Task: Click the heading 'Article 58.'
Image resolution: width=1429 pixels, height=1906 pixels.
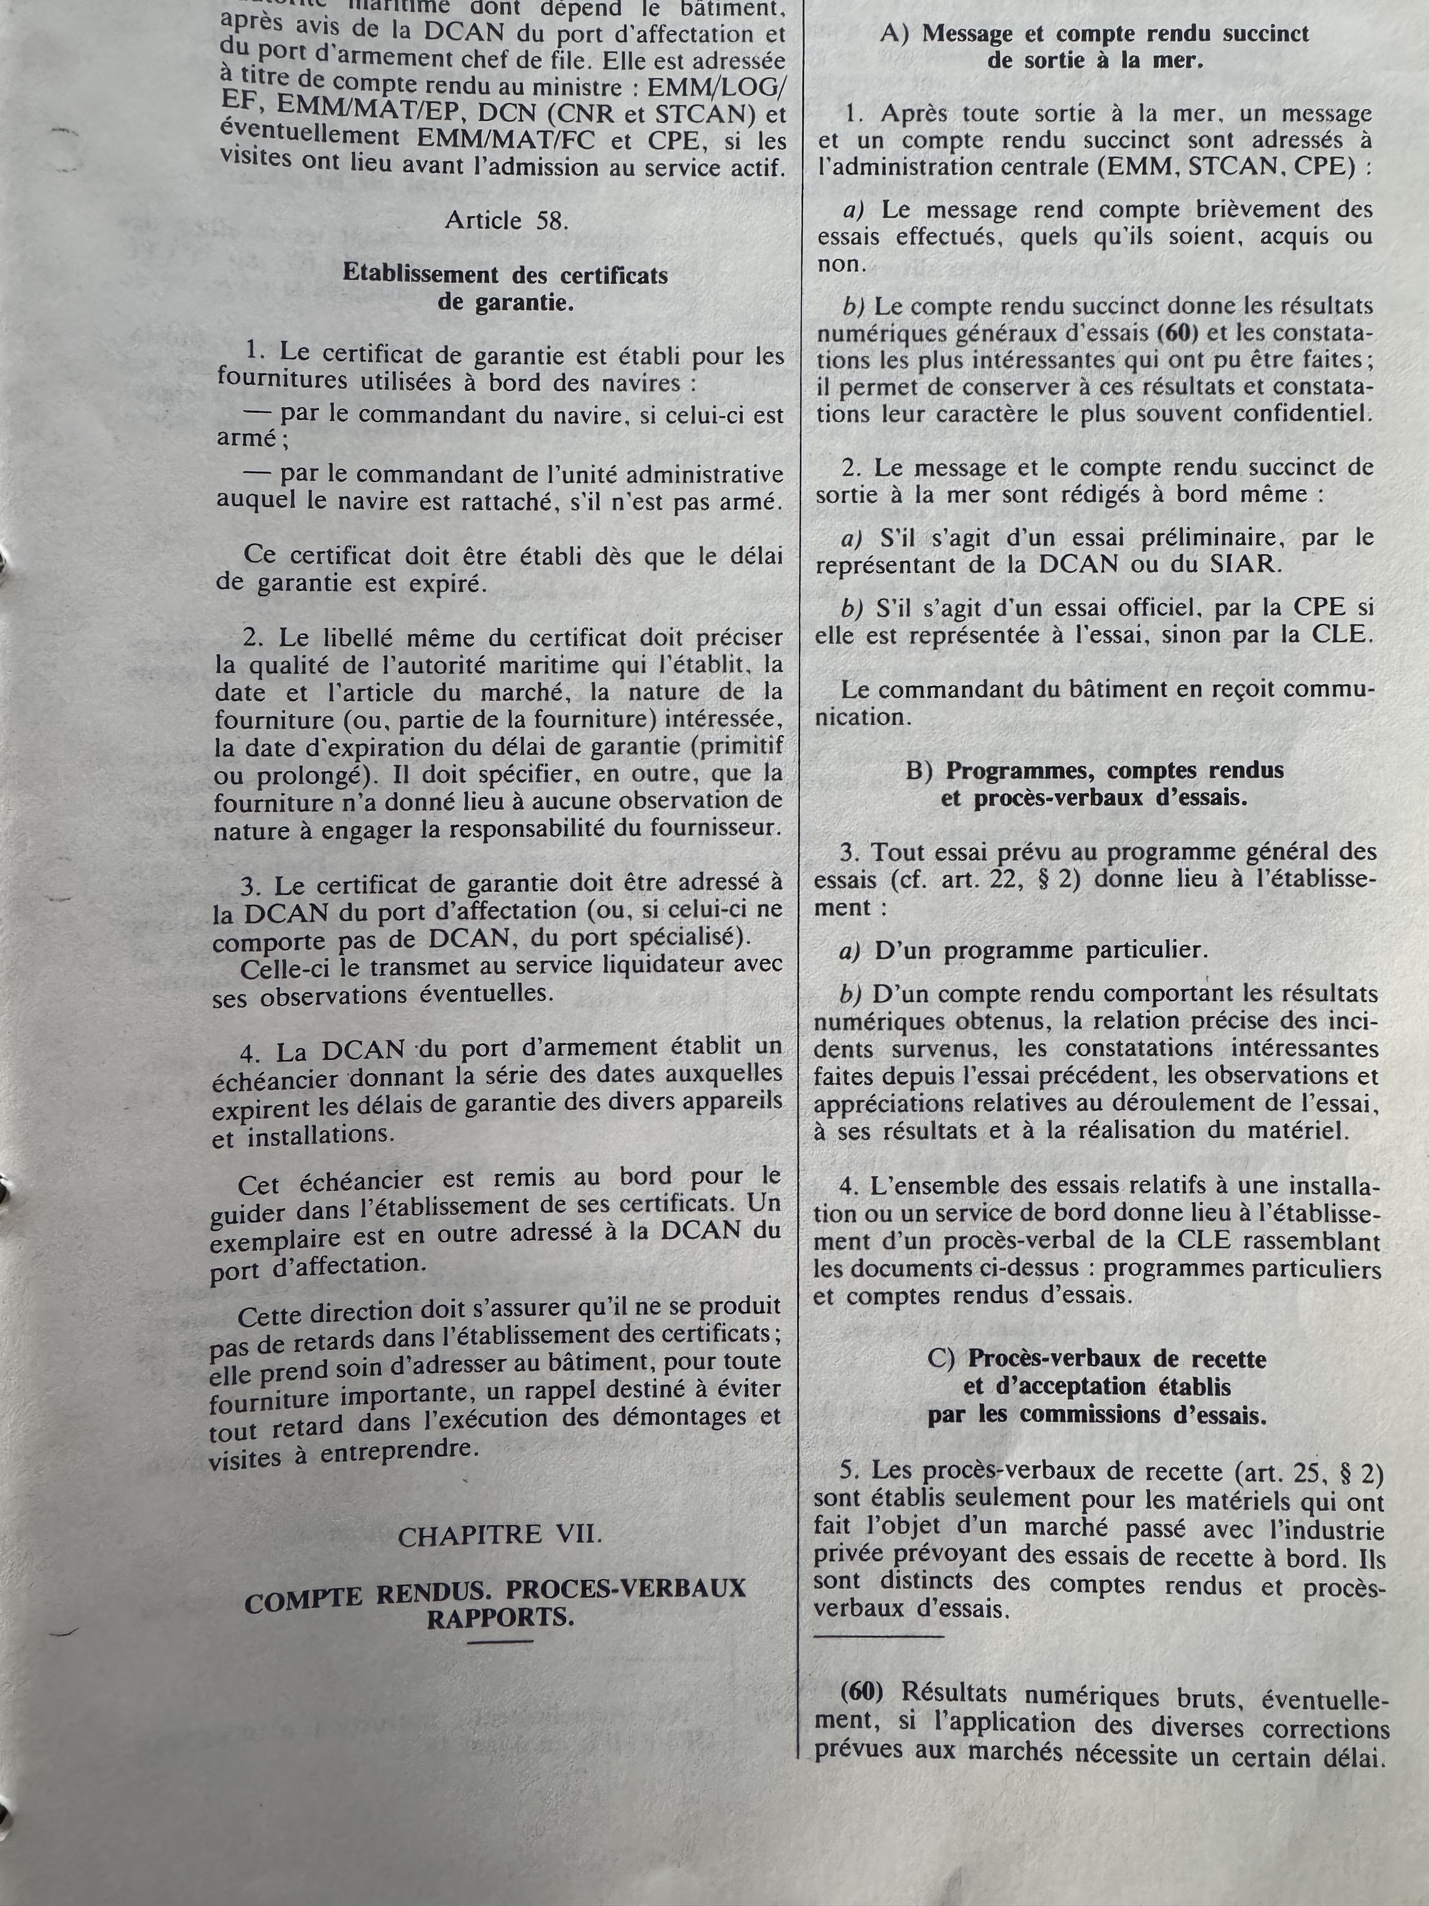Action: pyautogui.click(x=507, y=221)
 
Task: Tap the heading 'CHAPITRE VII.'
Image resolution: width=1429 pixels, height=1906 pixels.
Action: pyautogui.click(x=499, y=1534)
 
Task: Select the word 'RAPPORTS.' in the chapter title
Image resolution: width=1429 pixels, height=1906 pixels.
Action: pyautogui.click(x=499, y=1618)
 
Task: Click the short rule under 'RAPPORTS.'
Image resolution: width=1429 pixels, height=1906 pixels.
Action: pyautogui.click(x=499, y=1641)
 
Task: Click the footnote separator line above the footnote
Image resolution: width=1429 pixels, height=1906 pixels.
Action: pyautogui.click(x=878, y=1636)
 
